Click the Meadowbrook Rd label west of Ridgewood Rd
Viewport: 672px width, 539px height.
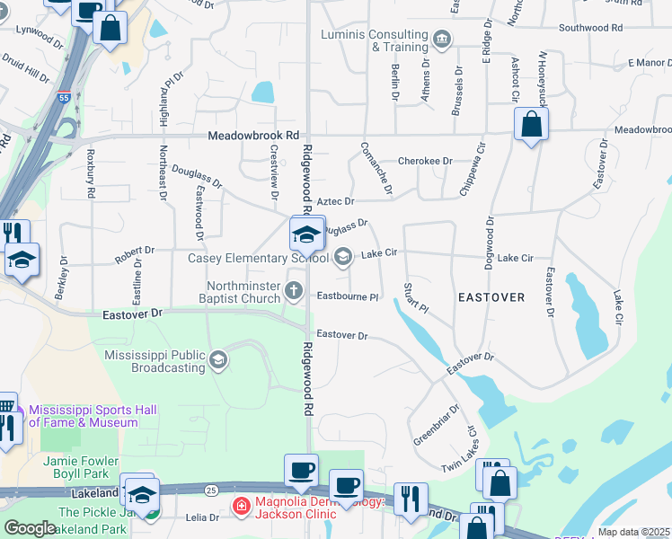coord(252,136)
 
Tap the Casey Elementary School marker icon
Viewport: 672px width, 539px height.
coord(342,258)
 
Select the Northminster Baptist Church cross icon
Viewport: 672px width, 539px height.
coord(294,289)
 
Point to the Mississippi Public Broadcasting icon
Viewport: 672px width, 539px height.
coord(217,361)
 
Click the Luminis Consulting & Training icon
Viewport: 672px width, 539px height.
coord(441,39)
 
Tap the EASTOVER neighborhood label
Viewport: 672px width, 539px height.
coord(491,296)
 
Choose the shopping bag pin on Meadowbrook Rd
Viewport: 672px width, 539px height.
coord(531,125)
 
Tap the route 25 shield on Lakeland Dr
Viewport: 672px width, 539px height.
coord(211,489)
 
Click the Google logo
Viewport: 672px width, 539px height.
coord(29,528)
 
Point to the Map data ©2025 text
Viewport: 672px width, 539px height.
coord(634,532)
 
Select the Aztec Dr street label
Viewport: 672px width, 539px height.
coord(336,202)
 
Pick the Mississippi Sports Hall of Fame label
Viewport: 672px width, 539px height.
coord(93,416)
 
